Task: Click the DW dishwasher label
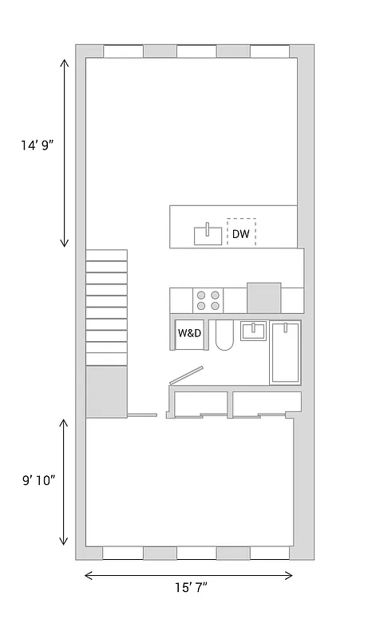click(241, 233)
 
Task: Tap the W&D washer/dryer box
click(189, 333)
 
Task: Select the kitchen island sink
click(208, 235)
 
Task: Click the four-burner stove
click(208, 300)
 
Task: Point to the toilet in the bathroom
click(224, 337)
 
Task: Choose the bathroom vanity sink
click(254, 330)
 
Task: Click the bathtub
click(285, 352)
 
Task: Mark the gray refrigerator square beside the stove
click(263, 298)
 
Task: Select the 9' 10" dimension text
click(38, 480)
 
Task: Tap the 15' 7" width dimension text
click(192, 588)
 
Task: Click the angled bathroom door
click(187, 375)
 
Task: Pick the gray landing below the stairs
click(106, 391)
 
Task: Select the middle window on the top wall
click(196, 51)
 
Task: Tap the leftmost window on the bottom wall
click(123, 553)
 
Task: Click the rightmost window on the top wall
click(270, 51)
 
